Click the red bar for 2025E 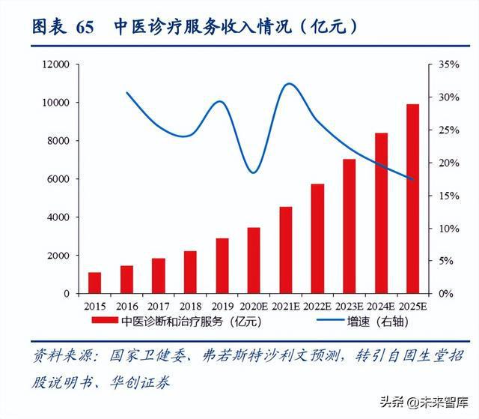click(x=412, y=199)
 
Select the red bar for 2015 click(x=94, y=283)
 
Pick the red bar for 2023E click(x=349, y=226)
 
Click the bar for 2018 click(x=190, y=272)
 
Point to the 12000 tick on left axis click(x=55, y=64)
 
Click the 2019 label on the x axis click(x=222, y=307)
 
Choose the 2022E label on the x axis click(x=317, y=307)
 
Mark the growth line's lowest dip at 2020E click(x=254, y=173)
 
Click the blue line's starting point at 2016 click(x=126, y=92)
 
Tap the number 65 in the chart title click(x=85, y=28)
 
